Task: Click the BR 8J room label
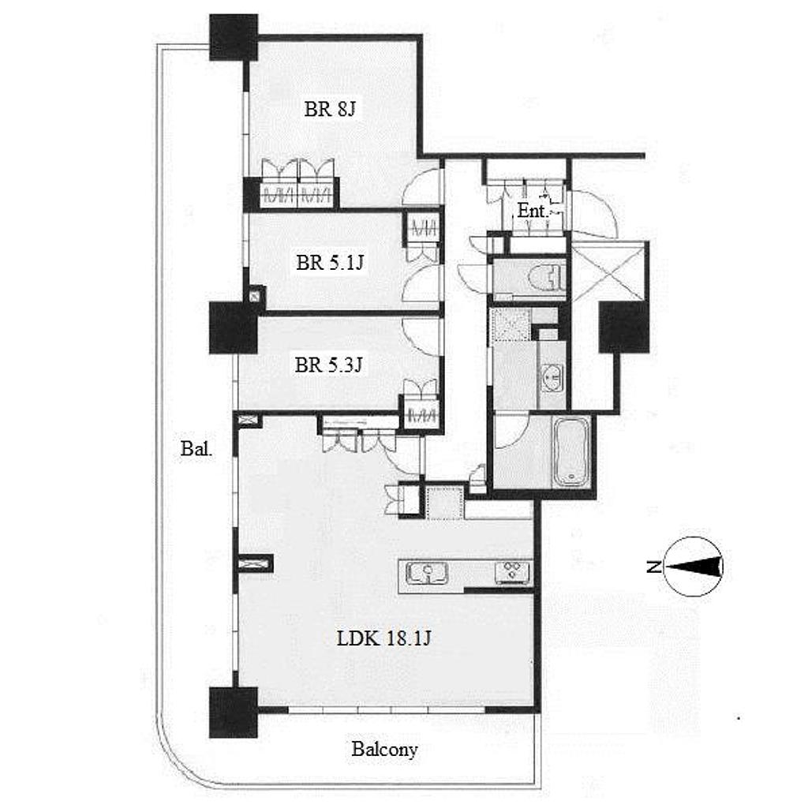click(330, 109)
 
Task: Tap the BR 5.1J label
click(330, 263)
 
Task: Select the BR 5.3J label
click(329, 365)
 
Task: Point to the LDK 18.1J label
click(384, 639)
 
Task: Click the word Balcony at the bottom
click(384, 750)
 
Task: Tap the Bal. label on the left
click(196, 449)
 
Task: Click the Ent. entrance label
click(532, 210)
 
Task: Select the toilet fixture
click(546, 279)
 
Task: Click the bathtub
click(571, 451)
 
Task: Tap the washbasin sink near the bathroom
click(553, 378)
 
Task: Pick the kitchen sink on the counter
click(427, 574)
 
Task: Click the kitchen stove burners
click(513, 573)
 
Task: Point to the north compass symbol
click(693, 567)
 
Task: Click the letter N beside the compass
click(653, 567)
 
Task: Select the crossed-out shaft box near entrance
click(610, 271)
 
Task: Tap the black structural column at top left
click(234, 37)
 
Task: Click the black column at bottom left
click(234, 713)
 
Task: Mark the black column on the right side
click(623, 327)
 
